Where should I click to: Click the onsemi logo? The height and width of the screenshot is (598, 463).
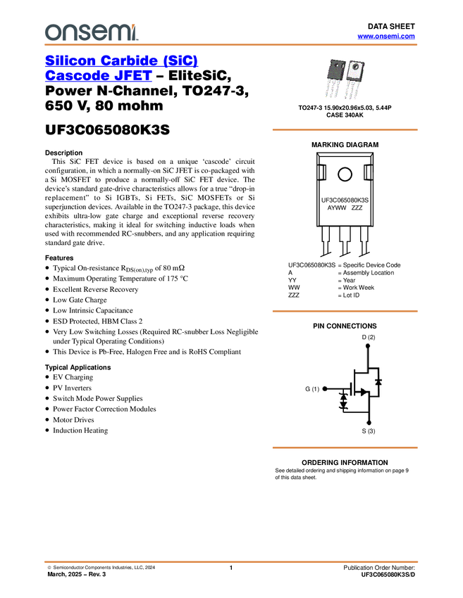click(x=92, y=32)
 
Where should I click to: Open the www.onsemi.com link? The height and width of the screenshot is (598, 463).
click(x=386, y=36)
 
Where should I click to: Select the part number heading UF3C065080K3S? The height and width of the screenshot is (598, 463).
click(x=107, y=129)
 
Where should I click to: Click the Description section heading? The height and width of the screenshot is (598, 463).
click(x=64, y=153)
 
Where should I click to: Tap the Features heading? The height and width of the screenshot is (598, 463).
click(x=59, y=257)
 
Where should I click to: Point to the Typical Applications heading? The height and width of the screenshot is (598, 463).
click(x=78, y=367)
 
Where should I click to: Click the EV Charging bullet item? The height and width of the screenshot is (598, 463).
click(x=73, y=377)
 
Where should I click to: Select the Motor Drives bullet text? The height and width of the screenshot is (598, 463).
click(x=73, y=420)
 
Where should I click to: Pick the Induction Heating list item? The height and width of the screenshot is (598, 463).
click(x=80, y=431)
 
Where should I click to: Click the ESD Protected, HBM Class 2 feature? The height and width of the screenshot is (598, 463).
click(x=98, y=321)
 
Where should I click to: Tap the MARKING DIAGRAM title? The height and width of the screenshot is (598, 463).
click(x=345, y=145)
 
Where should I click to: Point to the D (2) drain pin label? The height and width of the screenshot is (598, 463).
click(x=369, y=337)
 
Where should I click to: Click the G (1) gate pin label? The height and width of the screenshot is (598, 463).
click(x=312, y=389)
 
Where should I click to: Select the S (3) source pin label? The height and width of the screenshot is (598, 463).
click(x=369, y=431)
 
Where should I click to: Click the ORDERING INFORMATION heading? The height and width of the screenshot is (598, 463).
click(x=345, y=463)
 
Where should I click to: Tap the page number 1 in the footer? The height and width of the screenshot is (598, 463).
click(x=231, y=568)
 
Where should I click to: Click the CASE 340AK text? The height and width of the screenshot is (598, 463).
click(x=345, y=115)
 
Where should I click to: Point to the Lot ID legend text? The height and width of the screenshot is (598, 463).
click(x=351, y=295)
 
